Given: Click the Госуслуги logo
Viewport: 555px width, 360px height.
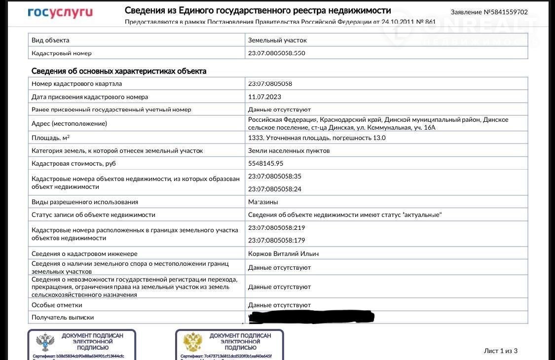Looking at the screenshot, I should (60, 12).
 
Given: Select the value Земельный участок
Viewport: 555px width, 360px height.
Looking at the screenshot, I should (277, 40).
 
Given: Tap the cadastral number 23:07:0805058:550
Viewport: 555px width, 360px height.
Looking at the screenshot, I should (276, 53).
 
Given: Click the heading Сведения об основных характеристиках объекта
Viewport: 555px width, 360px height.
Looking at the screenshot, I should (119, 71).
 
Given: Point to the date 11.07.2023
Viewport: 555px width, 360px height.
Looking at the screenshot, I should (264, 97).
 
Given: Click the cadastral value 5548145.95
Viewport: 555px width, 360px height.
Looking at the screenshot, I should (265, 163).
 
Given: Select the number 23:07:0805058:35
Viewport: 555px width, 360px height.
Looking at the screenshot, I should (274, 176).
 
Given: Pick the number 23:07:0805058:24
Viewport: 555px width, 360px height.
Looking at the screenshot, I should (274, 189).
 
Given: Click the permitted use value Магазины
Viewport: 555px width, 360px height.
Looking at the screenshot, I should (263, 202).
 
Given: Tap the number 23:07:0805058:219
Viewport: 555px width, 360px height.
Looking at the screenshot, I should (276, 228).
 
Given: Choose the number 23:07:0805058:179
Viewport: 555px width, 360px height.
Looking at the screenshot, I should (276, 240).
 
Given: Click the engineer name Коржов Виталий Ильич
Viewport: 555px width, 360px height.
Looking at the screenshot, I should (283, 253).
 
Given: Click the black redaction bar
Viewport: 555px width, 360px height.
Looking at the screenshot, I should (311, 317).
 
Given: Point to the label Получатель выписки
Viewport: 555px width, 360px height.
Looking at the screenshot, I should (63, 318).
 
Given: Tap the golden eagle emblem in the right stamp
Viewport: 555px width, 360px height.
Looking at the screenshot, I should (193, 342).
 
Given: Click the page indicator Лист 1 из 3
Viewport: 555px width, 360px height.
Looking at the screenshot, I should (500, 351).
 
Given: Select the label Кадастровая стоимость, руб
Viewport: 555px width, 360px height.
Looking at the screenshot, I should (74, 163).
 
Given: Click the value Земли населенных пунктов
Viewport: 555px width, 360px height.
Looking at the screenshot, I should (289, 150).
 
